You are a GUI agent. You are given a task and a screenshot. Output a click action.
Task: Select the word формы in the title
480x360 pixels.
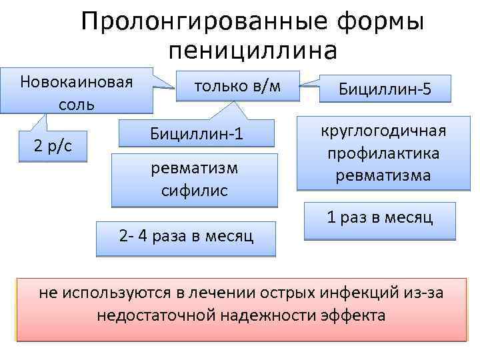(383, 23)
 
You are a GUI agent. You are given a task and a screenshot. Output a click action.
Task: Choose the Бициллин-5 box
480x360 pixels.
(385, 89)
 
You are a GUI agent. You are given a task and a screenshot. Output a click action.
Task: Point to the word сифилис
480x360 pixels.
(195, 190)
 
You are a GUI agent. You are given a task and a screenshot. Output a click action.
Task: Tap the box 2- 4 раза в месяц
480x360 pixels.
(186, 237)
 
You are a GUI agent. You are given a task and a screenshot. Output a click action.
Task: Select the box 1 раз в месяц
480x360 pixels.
(379, 218)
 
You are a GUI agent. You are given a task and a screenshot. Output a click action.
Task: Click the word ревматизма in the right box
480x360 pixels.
(383, 176)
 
